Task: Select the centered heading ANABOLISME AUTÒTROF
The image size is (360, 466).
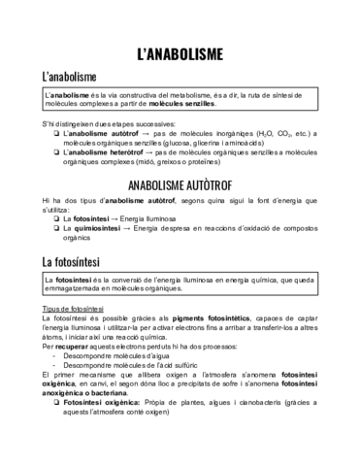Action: (x=180, y=184)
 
